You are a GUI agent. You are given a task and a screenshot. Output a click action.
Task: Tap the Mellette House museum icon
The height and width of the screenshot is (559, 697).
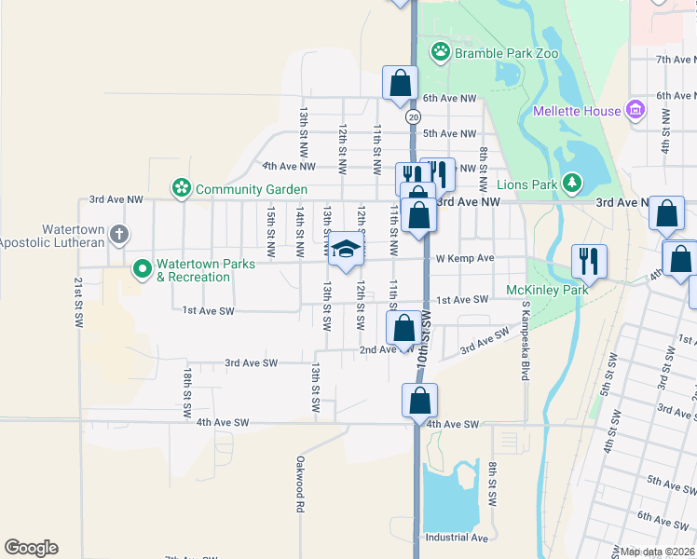point(636,111)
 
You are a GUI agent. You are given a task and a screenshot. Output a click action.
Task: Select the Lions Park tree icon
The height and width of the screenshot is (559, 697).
point(576,184)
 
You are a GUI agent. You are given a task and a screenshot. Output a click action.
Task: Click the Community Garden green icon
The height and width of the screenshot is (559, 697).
point(181,188)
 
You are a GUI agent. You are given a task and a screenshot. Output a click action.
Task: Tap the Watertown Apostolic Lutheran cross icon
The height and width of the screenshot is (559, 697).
point(118,235)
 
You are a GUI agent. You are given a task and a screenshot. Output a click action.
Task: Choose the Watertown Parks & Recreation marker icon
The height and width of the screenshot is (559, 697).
point(142,270)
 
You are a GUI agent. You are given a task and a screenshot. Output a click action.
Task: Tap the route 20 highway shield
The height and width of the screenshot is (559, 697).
point(413,116)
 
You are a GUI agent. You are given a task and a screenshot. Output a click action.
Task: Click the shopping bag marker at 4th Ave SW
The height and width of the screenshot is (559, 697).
point(420,401)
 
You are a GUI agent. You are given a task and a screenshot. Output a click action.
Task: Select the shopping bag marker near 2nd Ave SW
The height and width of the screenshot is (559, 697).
point(403,328)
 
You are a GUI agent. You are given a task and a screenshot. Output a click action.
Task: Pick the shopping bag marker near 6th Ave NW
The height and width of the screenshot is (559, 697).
point(400,83)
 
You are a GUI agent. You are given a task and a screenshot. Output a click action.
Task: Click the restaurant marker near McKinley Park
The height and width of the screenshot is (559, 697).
point(589,261)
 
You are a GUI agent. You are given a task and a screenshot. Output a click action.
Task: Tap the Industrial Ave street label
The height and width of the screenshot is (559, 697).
point(456,538)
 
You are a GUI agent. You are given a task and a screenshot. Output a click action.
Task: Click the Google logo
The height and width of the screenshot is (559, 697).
point(31,548)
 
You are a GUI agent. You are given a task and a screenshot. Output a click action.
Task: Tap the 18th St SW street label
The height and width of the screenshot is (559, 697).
point(187,390)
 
